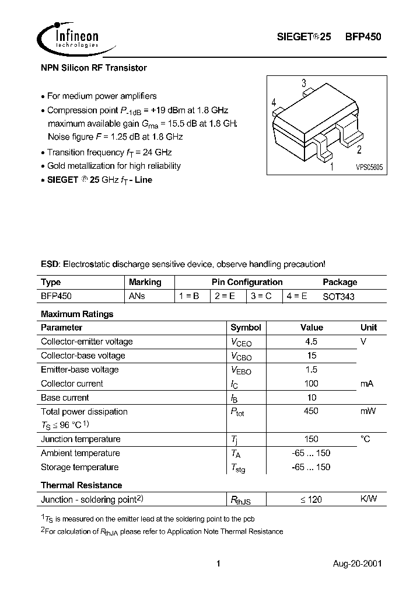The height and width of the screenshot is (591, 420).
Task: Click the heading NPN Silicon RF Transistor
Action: (x=94, y=68)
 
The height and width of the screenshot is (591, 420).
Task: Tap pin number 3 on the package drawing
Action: (x=304, y=84)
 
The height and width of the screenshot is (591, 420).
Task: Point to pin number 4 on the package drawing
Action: (x=274, y=103)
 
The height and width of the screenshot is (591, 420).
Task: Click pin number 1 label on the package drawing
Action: (x=332, y=168)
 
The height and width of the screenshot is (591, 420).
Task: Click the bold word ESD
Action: (x=50, y=264)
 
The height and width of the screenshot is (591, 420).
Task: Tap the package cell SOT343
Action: (x=339, y=296)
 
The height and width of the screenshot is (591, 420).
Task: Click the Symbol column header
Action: (x=246, y=328)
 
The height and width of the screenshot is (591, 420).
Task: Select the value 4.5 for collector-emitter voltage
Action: (x=311, y=342)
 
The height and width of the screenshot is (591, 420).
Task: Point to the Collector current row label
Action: (x=72, y=384)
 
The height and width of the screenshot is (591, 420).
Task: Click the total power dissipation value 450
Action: (x=311, y=412)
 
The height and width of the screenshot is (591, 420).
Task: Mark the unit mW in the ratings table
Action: (x=368, y=412)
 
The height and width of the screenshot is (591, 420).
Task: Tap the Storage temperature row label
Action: (x=79, y=467)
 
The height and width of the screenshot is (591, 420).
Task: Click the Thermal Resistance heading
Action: (x=81, y=485)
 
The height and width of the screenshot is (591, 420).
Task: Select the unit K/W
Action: (x=369, y=499)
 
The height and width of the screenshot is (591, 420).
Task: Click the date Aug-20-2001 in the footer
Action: (x=358, y=564)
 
